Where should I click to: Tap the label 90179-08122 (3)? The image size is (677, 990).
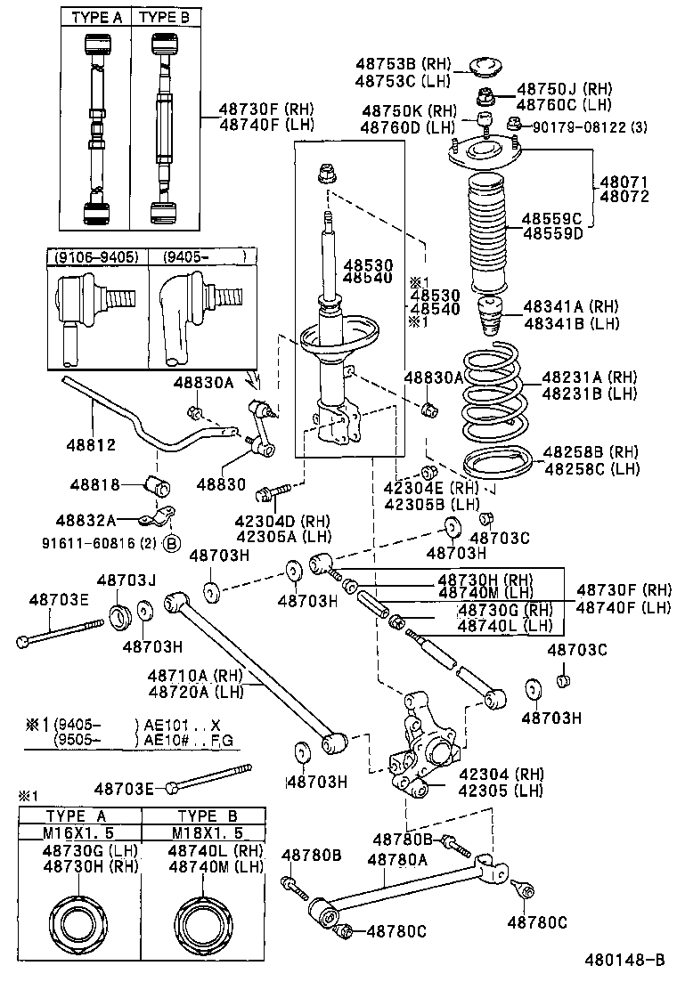pos(590,127)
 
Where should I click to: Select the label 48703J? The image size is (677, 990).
pos(126,580)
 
